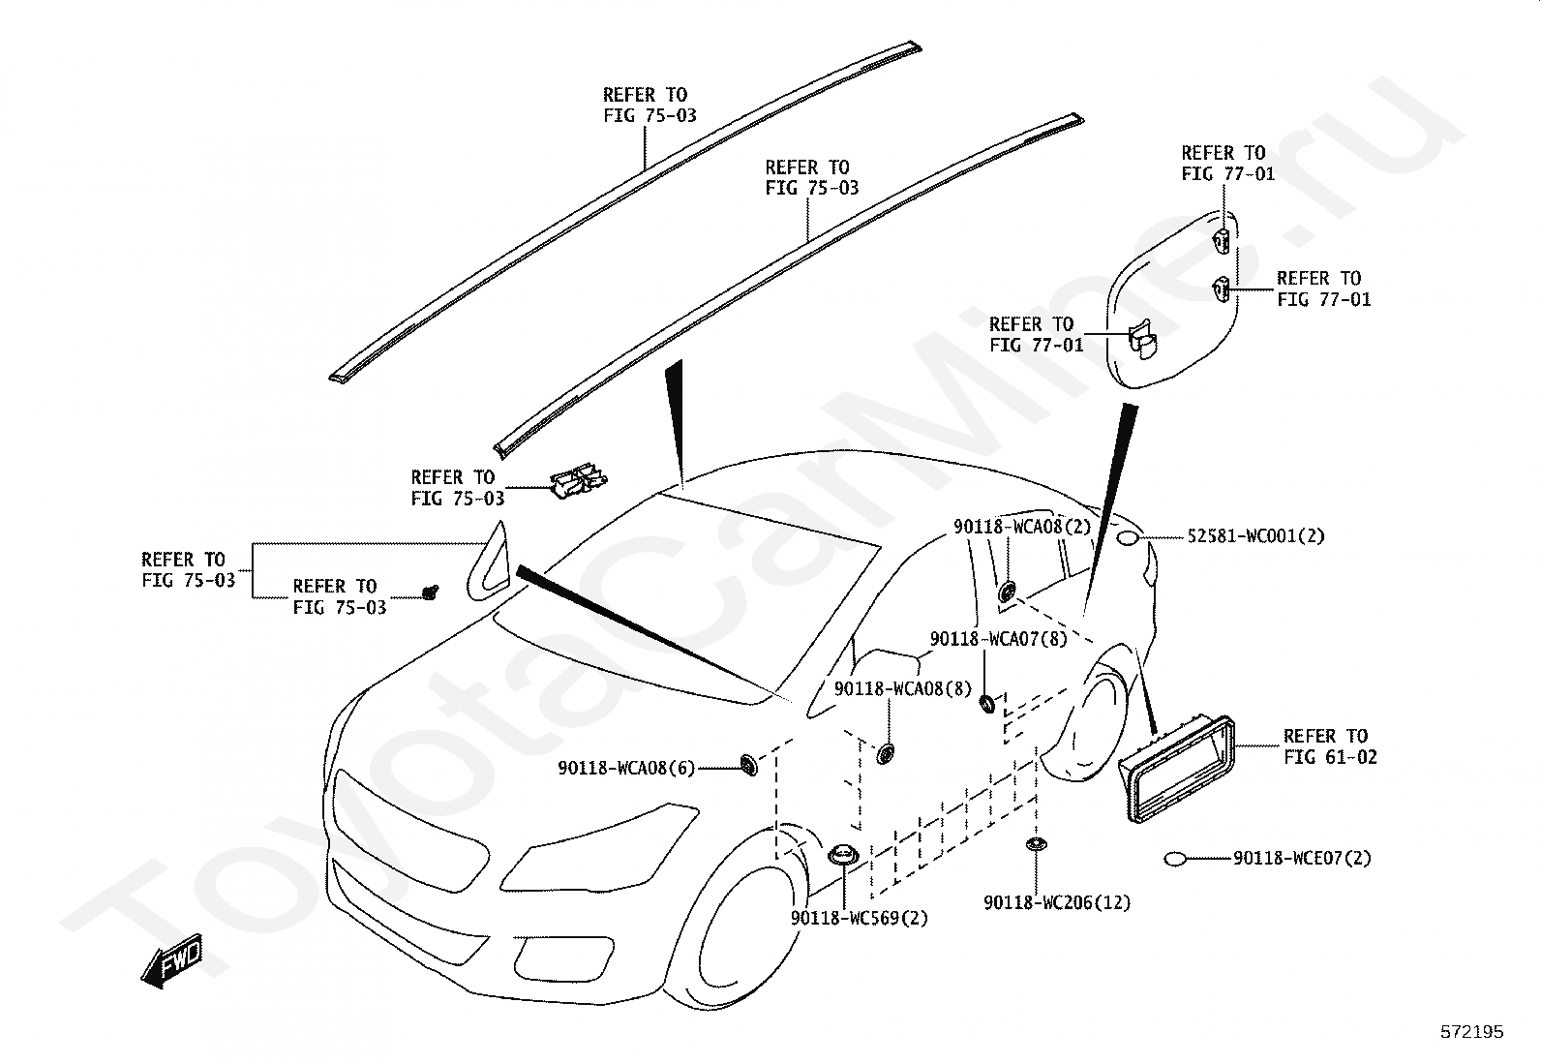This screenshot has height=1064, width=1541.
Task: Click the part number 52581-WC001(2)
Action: click(1256, 536)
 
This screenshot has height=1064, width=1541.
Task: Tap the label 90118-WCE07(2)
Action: click(1302, 858)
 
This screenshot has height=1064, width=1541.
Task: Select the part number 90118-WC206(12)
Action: click(1056, 902)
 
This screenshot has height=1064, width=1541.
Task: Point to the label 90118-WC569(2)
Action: click(859, 918)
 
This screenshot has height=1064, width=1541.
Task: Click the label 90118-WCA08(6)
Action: click(626, 768)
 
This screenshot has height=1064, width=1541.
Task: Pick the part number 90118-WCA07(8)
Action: click(998, 639)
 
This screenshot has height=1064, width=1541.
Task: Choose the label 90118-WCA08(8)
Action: click(902, 688)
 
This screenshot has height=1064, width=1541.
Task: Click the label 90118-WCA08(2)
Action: click(1022, 527)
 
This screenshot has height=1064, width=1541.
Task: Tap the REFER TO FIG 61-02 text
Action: click(1329, 746)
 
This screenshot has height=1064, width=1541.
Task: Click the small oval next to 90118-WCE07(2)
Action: click(1176, 858)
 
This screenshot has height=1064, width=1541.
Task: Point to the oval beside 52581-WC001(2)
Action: click(1128, 537)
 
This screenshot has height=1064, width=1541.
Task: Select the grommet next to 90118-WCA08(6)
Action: click(748, 765)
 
